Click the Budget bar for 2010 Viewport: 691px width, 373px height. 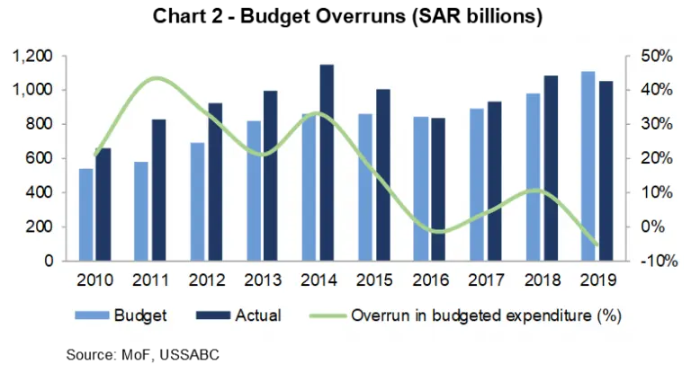tap(85, 215)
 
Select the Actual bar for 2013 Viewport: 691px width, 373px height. tap(271, 176)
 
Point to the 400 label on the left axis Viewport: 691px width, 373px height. tap(41, 193)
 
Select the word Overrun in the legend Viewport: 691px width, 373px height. tap(378, 315)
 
